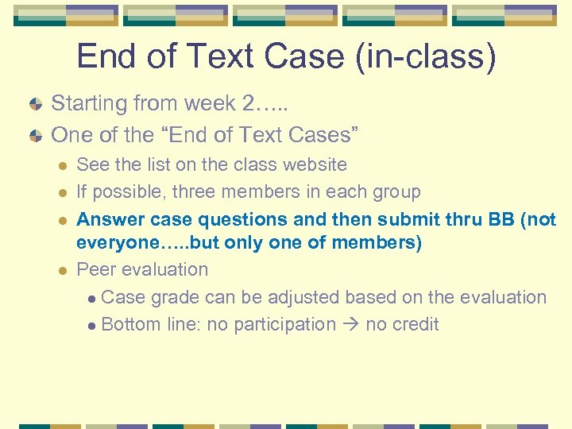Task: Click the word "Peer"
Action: coord(94,270)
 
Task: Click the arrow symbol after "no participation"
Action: coord(350,325)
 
